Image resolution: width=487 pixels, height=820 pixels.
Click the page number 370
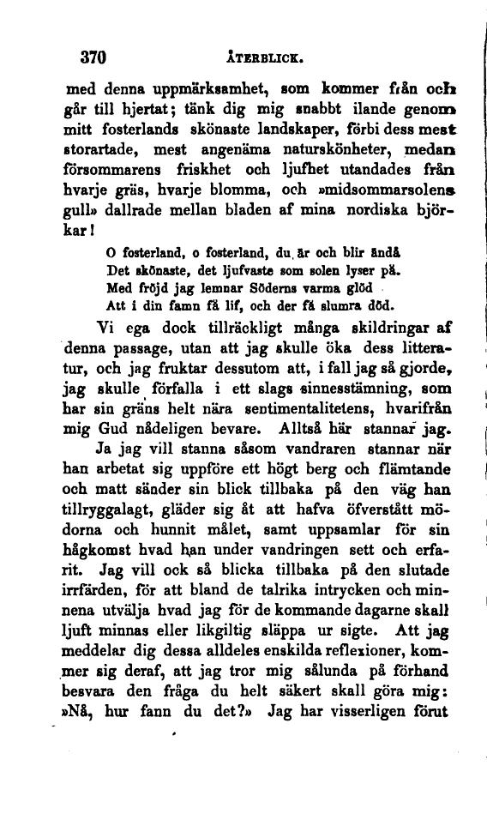tap(91, 59)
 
